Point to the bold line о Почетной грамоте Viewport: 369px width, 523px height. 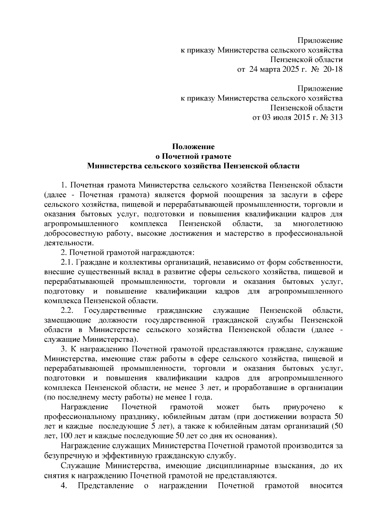(x=193, y=156)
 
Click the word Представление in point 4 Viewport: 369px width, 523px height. (x=105, y=486)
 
